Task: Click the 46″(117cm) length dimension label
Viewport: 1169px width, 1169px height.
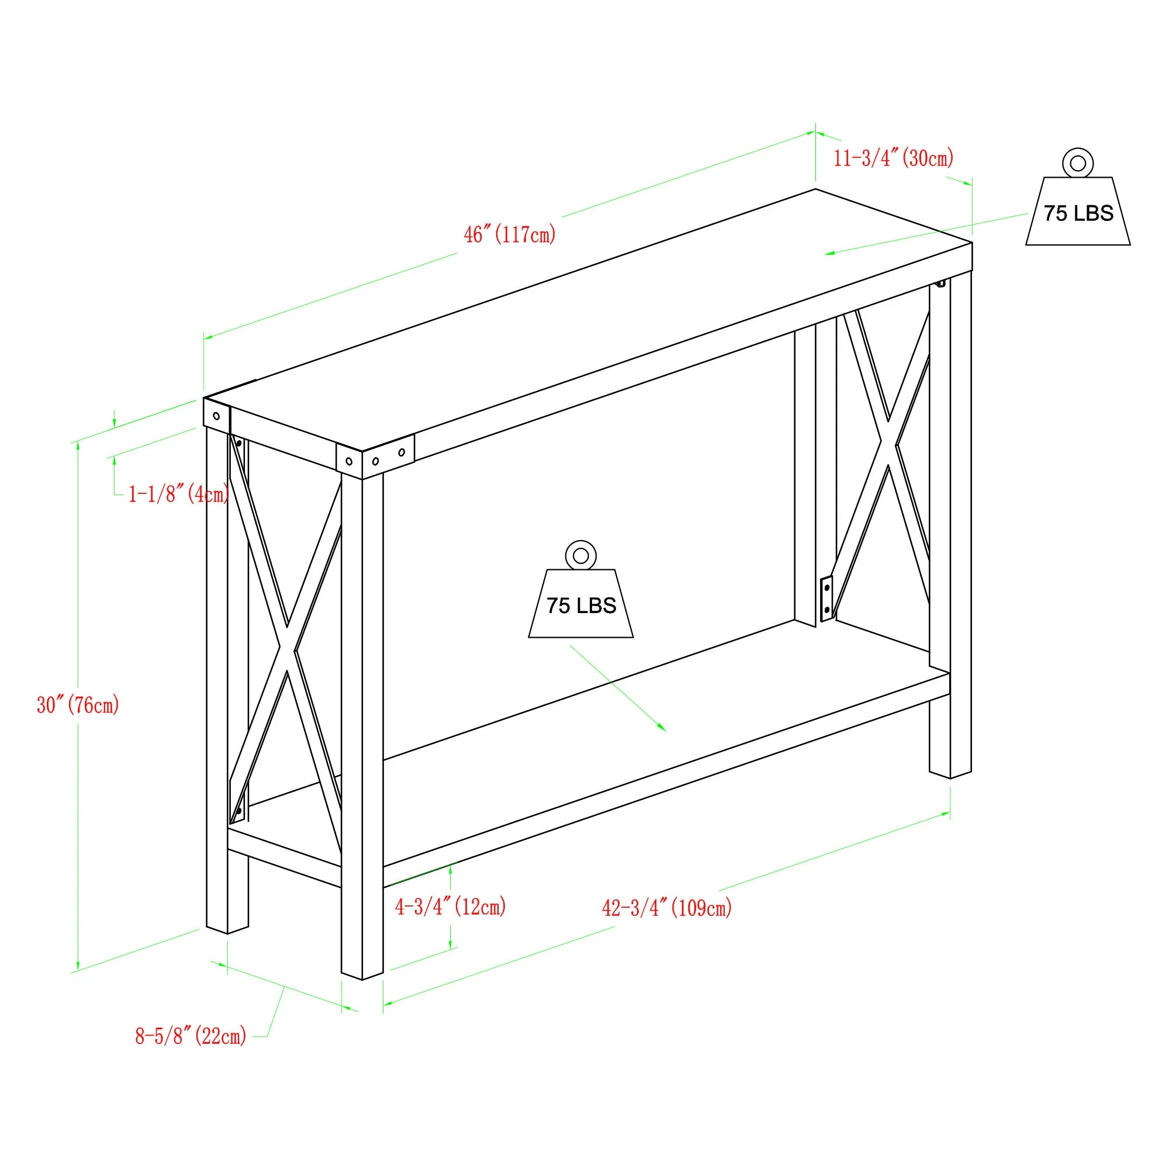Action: pos(510,235)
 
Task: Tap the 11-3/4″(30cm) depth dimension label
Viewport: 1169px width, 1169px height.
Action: pos(893,158)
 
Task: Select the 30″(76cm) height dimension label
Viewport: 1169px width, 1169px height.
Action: pos(78,705)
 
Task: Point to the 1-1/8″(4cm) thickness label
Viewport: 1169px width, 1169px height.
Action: pos(178,494)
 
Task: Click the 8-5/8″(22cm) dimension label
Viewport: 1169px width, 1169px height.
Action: pos(191,1036)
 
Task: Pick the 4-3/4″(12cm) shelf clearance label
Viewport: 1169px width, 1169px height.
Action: pos(450,907)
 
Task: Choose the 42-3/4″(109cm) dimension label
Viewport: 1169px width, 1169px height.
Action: pos(667,908)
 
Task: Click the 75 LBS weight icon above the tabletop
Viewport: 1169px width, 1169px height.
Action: pos(1078,212)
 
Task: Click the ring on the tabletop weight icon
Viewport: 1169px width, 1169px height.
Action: pos(1078,162)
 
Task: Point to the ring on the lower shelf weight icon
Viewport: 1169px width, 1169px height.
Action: pos(581,555)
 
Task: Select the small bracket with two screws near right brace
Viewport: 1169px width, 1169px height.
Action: pos(826,599)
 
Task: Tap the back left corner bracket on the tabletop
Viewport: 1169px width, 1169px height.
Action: pos(217,416)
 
